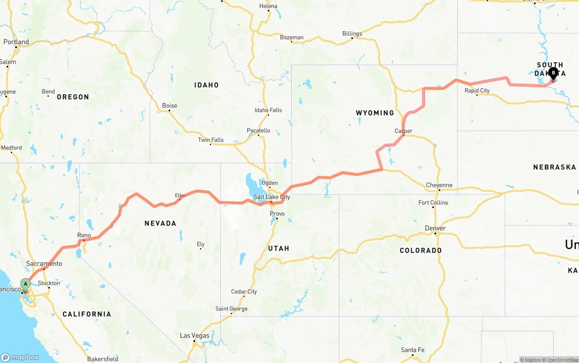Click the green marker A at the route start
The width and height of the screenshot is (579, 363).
26,285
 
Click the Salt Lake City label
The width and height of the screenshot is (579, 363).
271,197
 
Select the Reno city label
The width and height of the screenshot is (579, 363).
84,235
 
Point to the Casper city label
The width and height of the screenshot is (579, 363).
403,131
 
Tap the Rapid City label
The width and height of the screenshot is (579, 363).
477,90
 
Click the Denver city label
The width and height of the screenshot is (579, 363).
435,228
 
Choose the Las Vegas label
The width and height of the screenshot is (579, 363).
195,335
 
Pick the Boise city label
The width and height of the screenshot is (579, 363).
170,106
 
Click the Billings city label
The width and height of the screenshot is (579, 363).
352,33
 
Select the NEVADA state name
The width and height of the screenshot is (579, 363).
160,223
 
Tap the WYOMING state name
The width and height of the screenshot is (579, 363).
375,113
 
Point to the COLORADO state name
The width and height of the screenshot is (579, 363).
420,250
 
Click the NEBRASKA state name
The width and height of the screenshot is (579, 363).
554,167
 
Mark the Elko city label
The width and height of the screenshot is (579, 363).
180,196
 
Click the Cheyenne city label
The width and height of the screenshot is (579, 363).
439,185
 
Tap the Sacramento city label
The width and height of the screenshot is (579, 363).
44,264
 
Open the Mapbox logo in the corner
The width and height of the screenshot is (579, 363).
20,357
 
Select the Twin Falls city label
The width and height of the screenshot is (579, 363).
210,140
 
